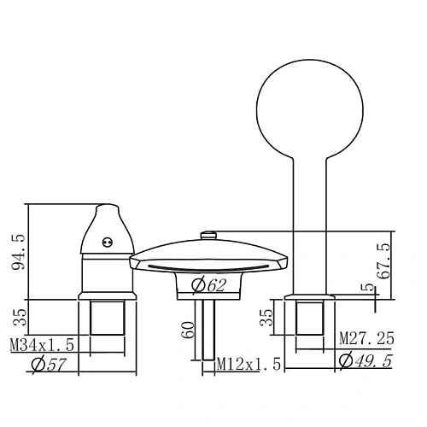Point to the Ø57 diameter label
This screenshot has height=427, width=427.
coord(50,365)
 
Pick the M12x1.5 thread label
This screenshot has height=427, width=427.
coord(249,365)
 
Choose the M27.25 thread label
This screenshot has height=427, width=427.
coord(366,339)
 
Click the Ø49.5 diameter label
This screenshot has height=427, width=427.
coord(365,360)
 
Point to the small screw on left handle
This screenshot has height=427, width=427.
coord(107,241)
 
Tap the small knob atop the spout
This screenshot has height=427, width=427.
coord(205,234)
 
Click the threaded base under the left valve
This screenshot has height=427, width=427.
coord(108,318)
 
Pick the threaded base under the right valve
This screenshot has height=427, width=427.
coord(310,318)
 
